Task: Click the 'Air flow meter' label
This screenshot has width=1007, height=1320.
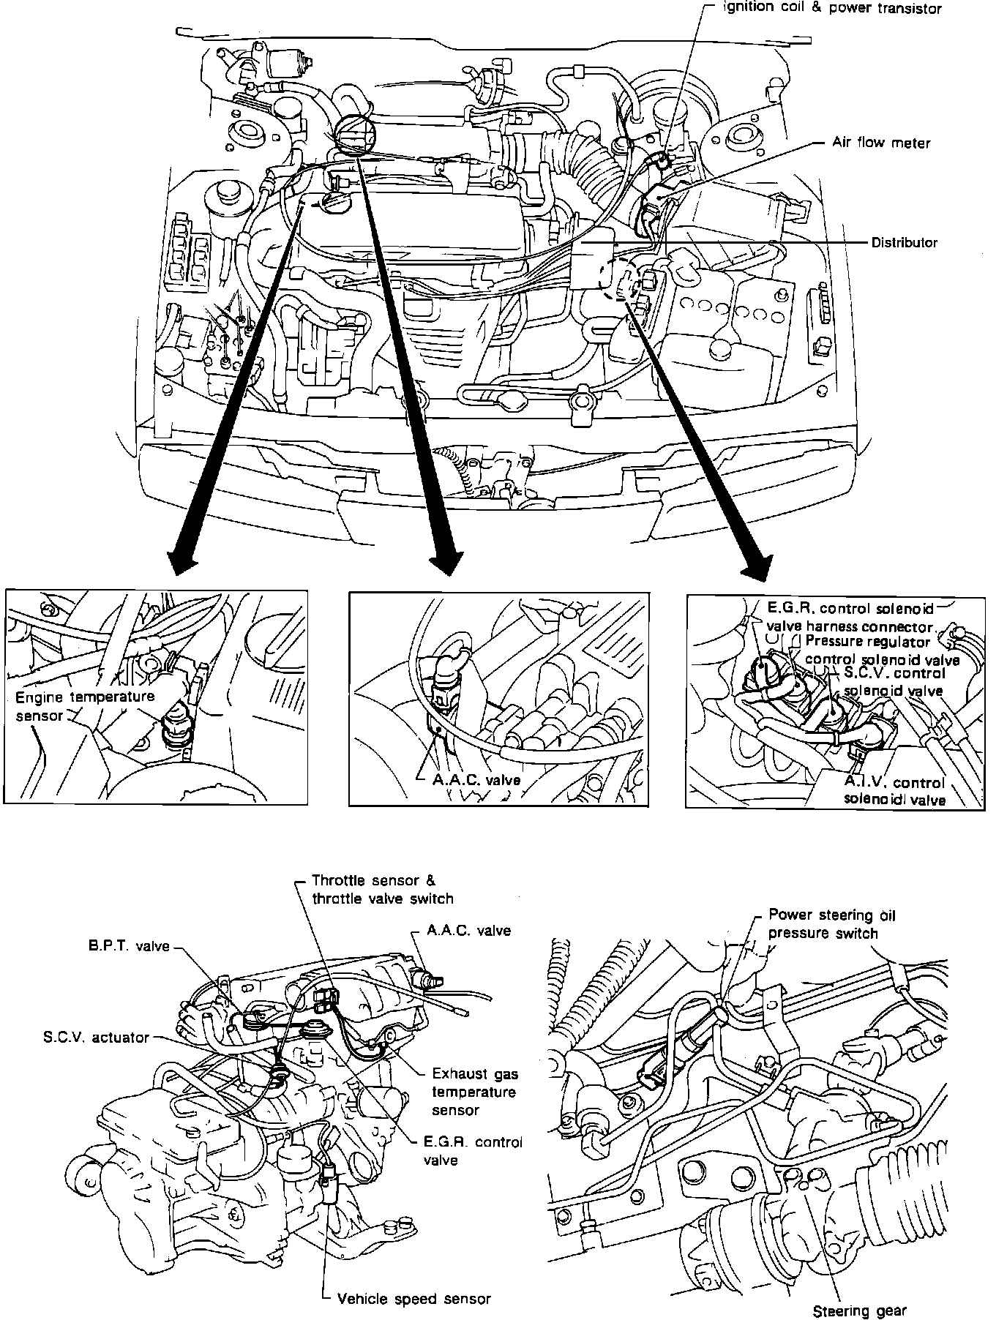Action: click(880, 143)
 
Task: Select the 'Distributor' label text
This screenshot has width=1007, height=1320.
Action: click(903, 242)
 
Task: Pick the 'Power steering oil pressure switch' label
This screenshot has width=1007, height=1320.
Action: click(831, 924)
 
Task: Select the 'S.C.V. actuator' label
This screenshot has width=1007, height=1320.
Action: click(96, 1038)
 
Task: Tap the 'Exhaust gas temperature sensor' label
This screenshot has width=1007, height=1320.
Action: click(475, 1092)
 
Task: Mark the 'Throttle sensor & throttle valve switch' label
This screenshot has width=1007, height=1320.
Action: click(382, 889)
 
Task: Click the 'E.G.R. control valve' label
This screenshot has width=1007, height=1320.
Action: click(472, 1150)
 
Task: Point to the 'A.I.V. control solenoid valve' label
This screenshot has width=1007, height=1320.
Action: click(894, 791)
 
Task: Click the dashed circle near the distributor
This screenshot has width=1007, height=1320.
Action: click(620, 277)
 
